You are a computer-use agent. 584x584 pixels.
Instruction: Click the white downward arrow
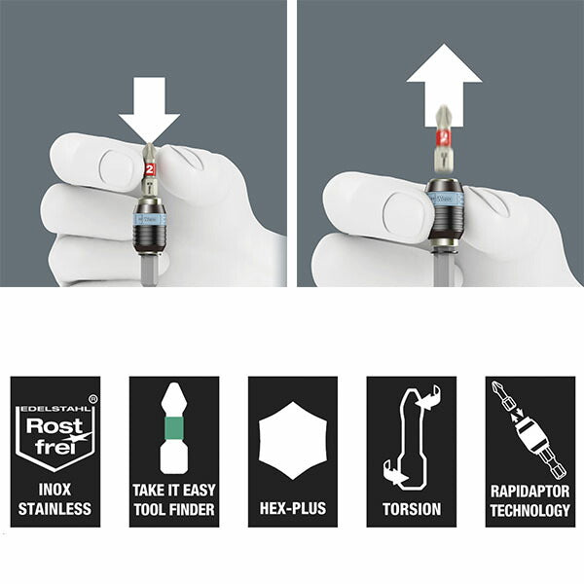(149, 108)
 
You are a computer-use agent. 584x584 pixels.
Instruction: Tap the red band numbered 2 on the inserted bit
(149, 169)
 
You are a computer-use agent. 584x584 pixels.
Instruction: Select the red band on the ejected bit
(444, 138)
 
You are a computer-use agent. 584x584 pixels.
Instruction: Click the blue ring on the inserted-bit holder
(149, 219)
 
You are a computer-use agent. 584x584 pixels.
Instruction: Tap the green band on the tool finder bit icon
(173, 427)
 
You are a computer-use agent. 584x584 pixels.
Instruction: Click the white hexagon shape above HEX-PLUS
(293, 440)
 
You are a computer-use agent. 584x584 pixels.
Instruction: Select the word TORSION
(412, 509)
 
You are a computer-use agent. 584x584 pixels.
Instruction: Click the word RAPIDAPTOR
(530, 492)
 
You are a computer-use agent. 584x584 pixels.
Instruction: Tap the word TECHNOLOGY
(530, 510)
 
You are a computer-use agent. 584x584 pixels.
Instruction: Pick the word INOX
(55, 490)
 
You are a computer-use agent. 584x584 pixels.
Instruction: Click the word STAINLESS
(55, 509)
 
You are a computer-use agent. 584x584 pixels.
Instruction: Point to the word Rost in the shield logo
(55, 426)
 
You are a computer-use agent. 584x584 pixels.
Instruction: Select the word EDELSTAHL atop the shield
(55, 409)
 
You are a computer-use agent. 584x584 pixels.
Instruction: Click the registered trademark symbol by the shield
(93, 399)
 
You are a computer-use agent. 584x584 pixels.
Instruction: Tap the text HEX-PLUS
(293, 508)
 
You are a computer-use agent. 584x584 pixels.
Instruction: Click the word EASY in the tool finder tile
(199, 491)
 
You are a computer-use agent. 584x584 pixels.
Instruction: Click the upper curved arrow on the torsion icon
(428, 398)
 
